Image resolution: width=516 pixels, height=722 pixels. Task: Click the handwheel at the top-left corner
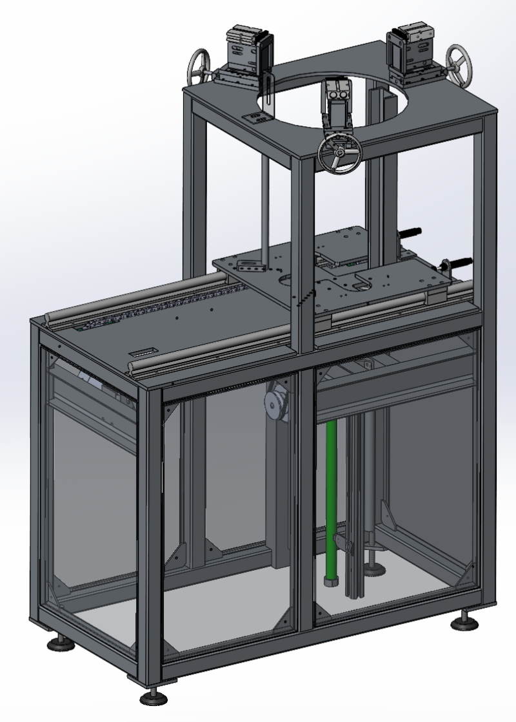pos(199,66)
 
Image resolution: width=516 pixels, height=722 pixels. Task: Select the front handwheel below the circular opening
pos(339,154)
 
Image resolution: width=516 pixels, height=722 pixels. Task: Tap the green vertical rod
pos(332,496)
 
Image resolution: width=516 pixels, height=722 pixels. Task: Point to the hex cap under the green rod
pos(330,582)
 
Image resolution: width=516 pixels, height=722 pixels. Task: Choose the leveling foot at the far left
pos(58,642)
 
